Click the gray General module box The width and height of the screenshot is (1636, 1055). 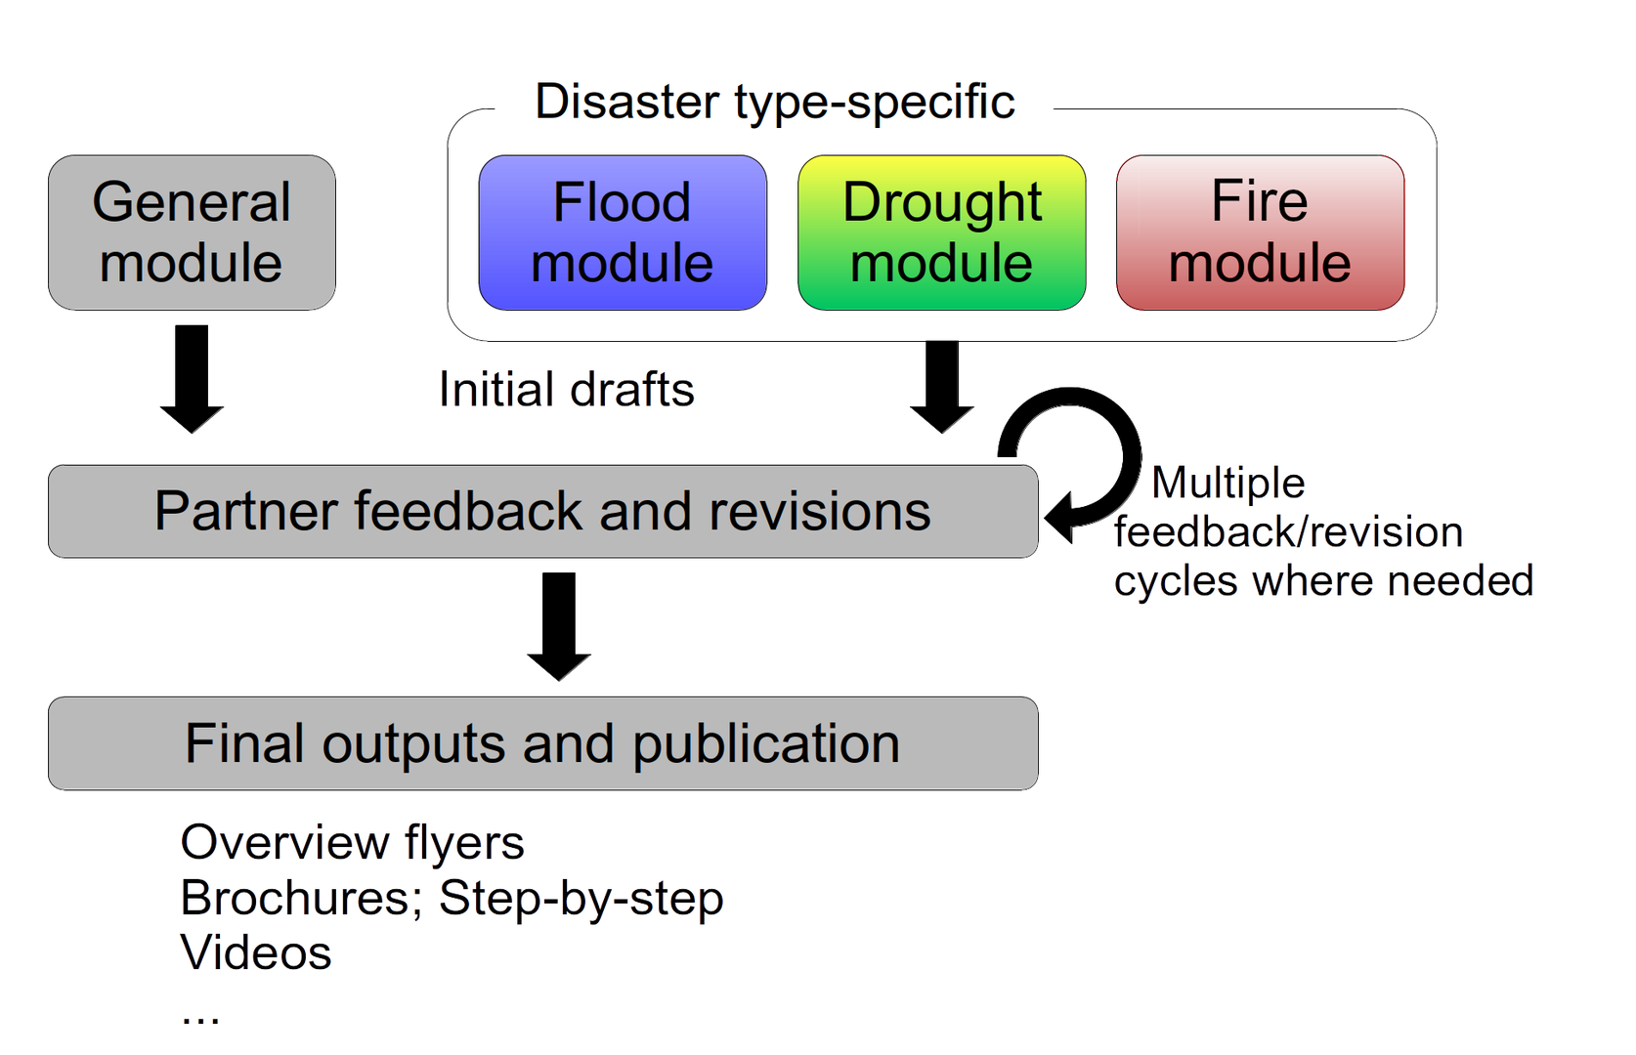pyautogui.click(x=192, y=232)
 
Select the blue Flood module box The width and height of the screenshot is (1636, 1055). pyautogui.click(x=623, y=232)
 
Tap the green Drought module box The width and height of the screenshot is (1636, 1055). pyautogui.click(x=942, y=232)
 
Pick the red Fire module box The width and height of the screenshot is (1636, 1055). pyautogui.click(x=1260, y=232)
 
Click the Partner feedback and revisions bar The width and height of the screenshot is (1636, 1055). pyautogui.click(x=542, y=511)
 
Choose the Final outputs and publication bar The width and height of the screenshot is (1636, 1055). pyautogui.click(x=542, y=743)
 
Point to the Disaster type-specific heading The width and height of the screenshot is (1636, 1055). pyautogui.click(x=774, y=102)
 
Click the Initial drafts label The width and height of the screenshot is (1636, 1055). pyautogui.click(x=566, y=390)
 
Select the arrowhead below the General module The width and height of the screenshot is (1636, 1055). pyautogui.click(x=192, y=418)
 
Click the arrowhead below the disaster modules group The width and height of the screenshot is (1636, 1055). pyautogui.click(x=942, y=418)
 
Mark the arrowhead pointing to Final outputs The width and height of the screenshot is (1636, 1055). pyautogui.click(x=558, y=667)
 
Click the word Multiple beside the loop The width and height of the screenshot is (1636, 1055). pyautogui.click(x=1229, y=483)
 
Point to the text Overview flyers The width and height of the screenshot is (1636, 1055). pyautogui.click(x=353, y=842)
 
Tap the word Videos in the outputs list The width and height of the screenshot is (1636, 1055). pyautogui.click(x=256, y=952)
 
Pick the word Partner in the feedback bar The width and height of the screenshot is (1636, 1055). pyautogui.click(x=245, y=511)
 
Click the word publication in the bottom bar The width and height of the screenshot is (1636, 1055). pyautogui.click(x=765, y=744)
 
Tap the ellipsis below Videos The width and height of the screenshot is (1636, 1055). pyautogui.click(x=201, y=1020)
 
